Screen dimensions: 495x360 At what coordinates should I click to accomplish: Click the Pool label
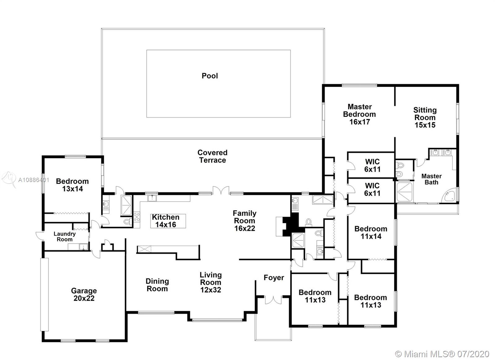click(x=210, y=76)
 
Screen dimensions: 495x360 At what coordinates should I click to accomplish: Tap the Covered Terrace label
click(x=212, y=156)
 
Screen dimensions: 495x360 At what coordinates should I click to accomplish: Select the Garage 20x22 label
click(x=84, y=294)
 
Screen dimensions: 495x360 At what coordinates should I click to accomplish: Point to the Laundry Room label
click(x=65, y=236)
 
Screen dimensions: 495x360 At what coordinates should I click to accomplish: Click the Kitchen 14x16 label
click(x=166, y=221)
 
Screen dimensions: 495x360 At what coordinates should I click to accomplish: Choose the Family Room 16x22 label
click(x=245, y=221)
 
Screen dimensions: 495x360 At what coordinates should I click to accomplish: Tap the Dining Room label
click(x=157, y=285)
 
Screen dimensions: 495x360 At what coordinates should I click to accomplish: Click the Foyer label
click(x=274, y=278)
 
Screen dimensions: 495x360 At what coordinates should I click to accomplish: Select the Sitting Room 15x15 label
click(x=425, y=117)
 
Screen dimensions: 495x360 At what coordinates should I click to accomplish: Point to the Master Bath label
click(x=431, y=179)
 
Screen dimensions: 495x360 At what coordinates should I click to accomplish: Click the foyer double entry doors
click(x=273, y=300)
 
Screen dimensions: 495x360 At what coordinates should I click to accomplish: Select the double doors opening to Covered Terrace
click(x=221, y=191)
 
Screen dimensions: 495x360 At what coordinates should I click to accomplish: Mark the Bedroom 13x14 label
click(x=72, y=185)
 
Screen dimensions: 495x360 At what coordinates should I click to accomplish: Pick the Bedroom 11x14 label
click(x=371, y=233)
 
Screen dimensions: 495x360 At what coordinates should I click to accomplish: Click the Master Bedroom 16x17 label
click(x=359, y=114)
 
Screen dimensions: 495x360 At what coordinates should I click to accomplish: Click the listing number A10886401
click(x=34, y=180)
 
